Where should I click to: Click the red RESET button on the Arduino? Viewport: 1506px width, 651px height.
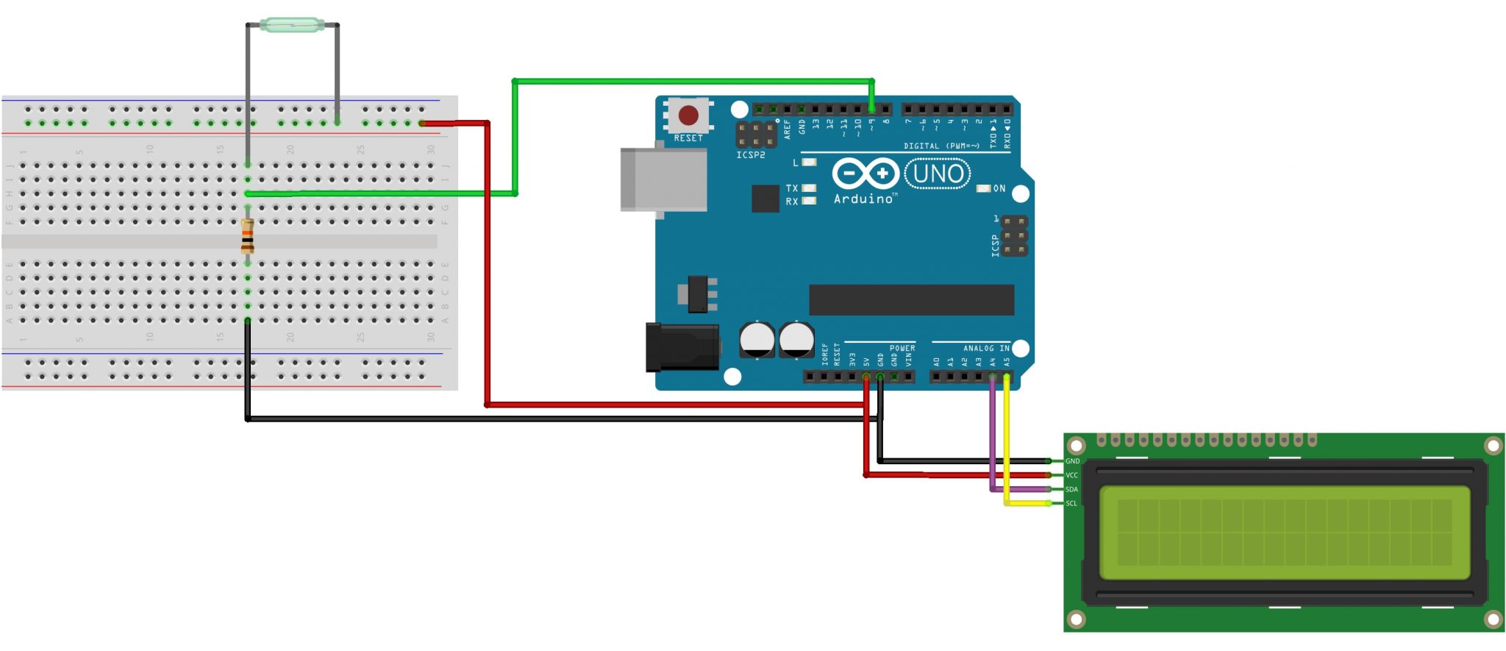click(688, 115)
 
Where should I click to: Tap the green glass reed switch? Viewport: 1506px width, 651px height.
click(292, 26)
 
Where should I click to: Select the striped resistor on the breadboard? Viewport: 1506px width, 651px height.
click(248, 236)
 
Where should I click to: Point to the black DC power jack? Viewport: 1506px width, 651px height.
click(682, 348)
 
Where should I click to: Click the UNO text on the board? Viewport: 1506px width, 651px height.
click(938, 174)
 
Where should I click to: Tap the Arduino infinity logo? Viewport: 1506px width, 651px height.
click(865, 174)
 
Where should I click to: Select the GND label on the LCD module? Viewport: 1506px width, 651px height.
click(1072, 461)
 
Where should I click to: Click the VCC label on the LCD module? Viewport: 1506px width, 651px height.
click(1072, 475)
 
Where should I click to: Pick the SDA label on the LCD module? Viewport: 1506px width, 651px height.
click(1072, 489)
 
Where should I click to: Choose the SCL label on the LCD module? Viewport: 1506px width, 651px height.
click(1071, 503)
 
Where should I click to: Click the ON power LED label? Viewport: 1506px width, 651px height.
click(999, 189)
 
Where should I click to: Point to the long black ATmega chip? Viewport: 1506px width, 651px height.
click(911, 300)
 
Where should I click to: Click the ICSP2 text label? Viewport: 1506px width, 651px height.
click(751, 155)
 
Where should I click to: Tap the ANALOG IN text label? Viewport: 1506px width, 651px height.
click(986, 348)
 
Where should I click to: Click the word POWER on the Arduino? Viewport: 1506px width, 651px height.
click(902, 348)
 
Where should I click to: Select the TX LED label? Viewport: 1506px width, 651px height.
click(792, 188)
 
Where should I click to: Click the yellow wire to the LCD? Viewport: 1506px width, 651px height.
click(1007, 441)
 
